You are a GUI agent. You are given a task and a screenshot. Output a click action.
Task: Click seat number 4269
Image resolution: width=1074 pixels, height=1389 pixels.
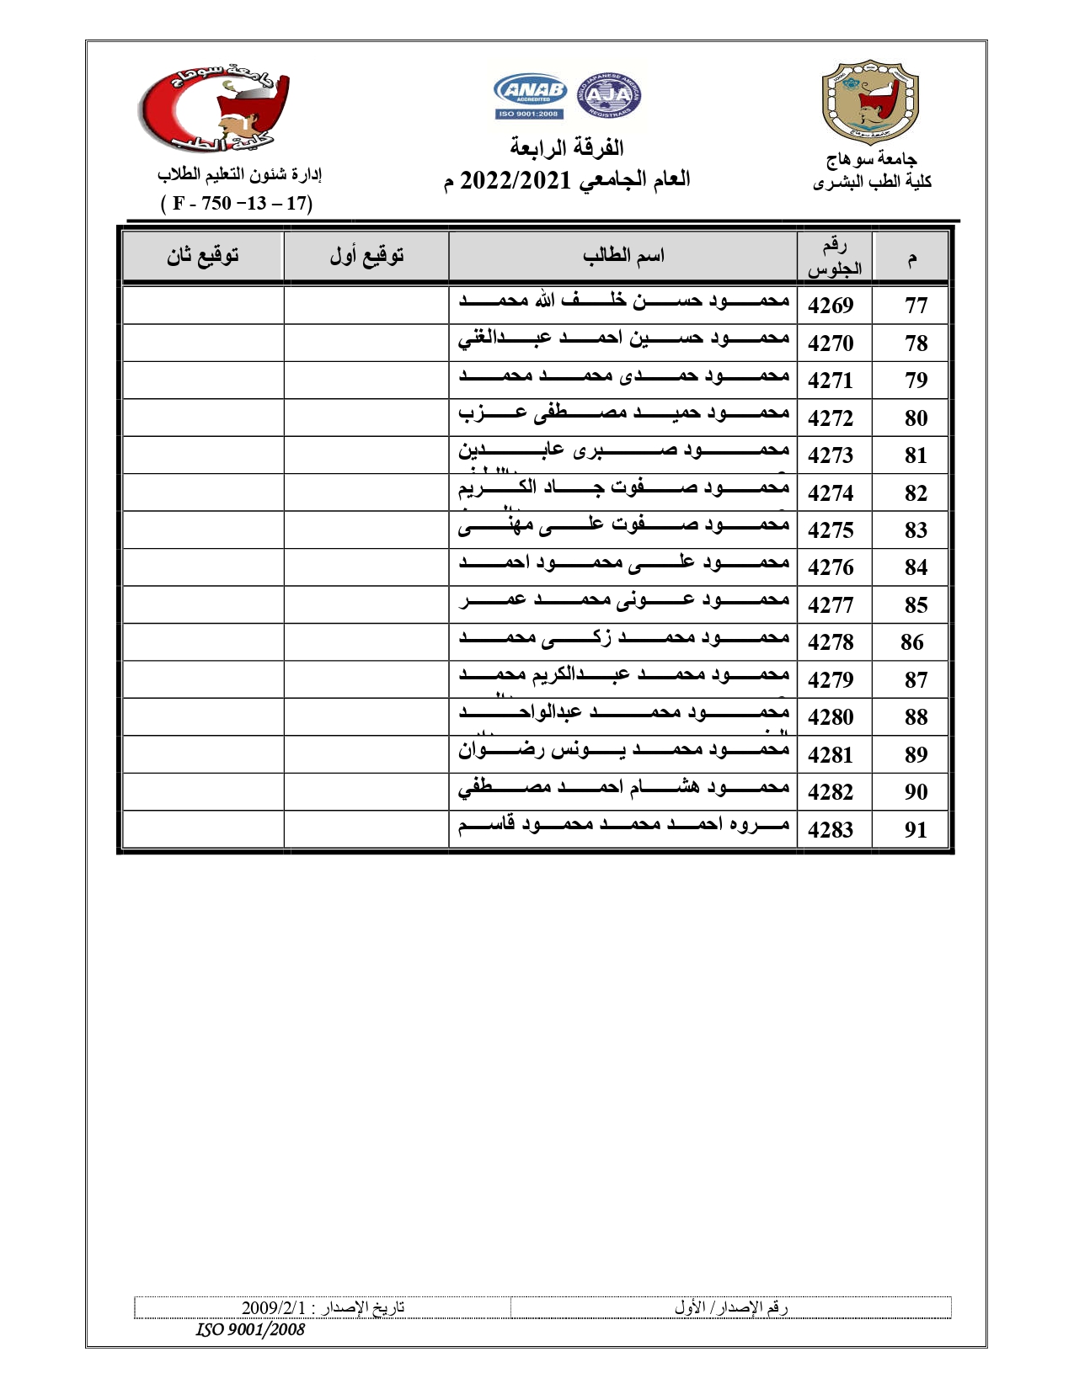(831, 306)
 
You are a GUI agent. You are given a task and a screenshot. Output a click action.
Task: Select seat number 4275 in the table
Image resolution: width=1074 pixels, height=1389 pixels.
(831, 530)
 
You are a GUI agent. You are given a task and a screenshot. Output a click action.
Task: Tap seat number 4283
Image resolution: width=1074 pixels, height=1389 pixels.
(831, 830)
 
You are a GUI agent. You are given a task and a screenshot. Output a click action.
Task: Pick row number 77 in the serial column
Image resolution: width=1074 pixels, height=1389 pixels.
(916, 306)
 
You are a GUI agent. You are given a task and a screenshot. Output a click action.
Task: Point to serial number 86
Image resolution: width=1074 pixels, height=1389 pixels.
(911, 642)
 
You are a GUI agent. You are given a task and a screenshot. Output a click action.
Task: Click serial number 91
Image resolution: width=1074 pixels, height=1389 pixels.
(916, 830)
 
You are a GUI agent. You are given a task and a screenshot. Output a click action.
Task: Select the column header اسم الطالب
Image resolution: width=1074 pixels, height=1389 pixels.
(623, 256)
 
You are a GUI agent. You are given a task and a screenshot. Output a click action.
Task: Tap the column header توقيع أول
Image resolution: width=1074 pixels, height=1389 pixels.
(366, 256)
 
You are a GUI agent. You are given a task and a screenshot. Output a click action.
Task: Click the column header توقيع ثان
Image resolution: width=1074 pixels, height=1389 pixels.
(202, 256)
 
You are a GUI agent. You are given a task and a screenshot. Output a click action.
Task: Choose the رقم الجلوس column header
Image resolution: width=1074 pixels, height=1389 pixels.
(834, 257)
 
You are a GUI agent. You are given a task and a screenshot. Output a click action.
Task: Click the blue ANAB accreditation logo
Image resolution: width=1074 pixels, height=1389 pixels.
(530, 96)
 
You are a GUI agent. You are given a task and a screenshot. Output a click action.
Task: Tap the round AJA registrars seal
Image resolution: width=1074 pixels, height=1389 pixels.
(608, 94)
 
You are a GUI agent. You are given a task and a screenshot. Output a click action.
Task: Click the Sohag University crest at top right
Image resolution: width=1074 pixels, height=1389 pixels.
(870, 101)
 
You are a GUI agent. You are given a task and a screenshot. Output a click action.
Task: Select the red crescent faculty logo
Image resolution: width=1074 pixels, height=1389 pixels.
(215, 109)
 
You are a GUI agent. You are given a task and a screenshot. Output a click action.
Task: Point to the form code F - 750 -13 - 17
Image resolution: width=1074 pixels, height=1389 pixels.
(237, 203)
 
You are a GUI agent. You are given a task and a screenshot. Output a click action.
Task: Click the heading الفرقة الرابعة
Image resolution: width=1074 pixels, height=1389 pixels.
(567, 148)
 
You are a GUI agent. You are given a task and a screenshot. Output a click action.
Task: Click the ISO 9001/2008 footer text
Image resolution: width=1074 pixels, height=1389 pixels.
(250, 1329)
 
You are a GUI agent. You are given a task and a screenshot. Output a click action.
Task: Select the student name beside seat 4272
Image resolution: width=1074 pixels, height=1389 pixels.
(623, 413)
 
